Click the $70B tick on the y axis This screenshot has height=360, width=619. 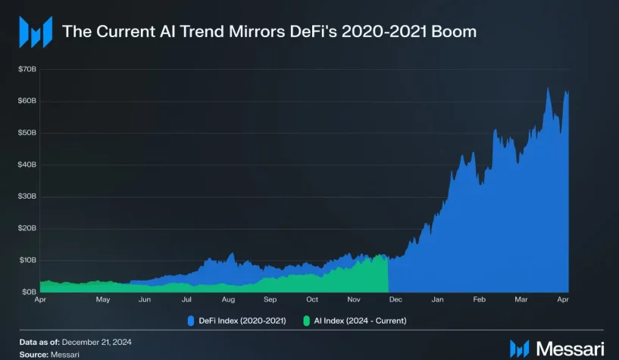(x=27, y=69)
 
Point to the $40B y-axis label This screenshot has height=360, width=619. (x=27, y=164)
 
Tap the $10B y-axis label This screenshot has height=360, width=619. (x=27, y=260)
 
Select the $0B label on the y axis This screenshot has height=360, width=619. (x=29, y=292)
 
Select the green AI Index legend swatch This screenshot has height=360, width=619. (x=308, y=321)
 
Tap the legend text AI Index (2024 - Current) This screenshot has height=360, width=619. (x=360, y=321)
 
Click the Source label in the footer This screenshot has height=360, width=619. (x=35, y=354)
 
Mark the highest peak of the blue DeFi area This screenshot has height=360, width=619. (x=548, y=89)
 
